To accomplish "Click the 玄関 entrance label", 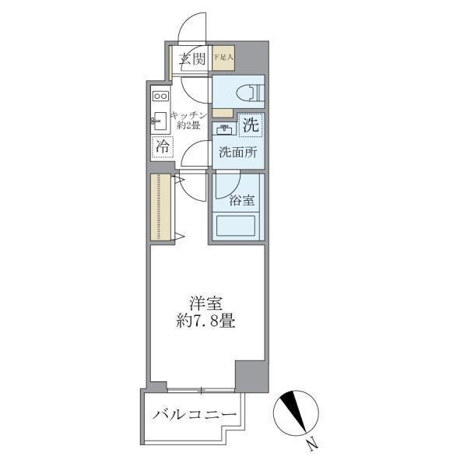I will tap(192, 58).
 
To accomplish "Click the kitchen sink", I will tap(161, 121).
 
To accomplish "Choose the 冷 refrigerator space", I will tap(163, 146).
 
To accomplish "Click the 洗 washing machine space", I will tap(250, 124).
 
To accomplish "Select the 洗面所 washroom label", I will tap(237, 153).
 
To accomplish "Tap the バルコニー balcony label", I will tap(193, 414).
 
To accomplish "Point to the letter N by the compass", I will tap(312, 444).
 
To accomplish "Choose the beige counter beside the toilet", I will tap(222, 112).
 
